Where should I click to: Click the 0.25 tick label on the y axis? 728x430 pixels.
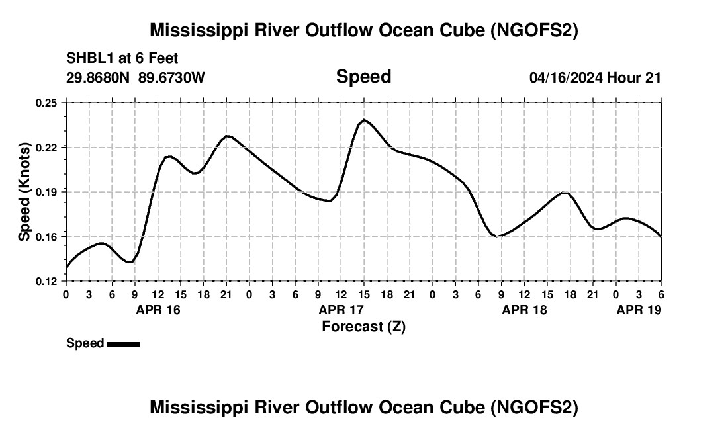click(46, 103)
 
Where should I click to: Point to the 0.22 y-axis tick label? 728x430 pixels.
click(46, 147)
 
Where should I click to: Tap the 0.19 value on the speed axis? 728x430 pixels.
click(46, 192)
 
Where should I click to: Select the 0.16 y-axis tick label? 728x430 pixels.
click(46, 236)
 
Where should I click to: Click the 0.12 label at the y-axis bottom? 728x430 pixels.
click(46, 281)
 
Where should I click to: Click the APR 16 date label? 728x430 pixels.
click(158, 310)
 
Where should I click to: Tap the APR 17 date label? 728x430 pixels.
click(341, 310)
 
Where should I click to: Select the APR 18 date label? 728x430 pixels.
click(524, 310)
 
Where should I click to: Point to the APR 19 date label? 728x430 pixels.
click(639, 310)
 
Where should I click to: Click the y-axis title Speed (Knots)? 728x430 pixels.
click(24, 192)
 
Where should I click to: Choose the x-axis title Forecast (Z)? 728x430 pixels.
click(363, 326)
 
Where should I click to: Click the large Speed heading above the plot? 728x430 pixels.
click(363, 77)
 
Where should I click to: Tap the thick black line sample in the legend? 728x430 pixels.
click(123, 344)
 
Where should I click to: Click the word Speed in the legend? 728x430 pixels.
click(85, 343)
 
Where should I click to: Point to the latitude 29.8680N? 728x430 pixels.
click(99, 77)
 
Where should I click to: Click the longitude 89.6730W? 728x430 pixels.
click(171, 77)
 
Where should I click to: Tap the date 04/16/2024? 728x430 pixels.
click(566, 77)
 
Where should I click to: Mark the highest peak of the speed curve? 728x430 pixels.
click(364, 120)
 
